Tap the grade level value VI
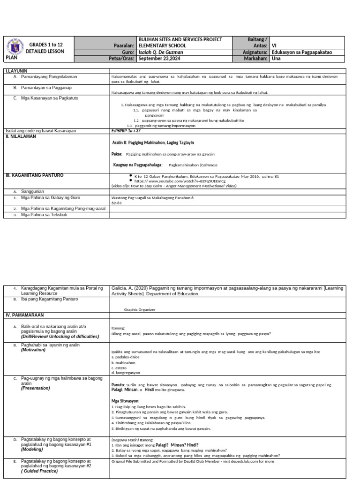tap(274, 46)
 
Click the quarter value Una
tap(276, 59)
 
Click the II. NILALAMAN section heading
tap(20, 136)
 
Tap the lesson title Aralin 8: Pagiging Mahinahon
tap(153, 142)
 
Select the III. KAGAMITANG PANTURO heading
tap(34, 175)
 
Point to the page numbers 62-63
tap(116, 203)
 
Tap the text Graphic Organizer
tap(139, 309)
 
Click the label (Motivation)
tap(33, 350)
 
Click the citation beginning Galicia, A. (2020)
tap(227, 291)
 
